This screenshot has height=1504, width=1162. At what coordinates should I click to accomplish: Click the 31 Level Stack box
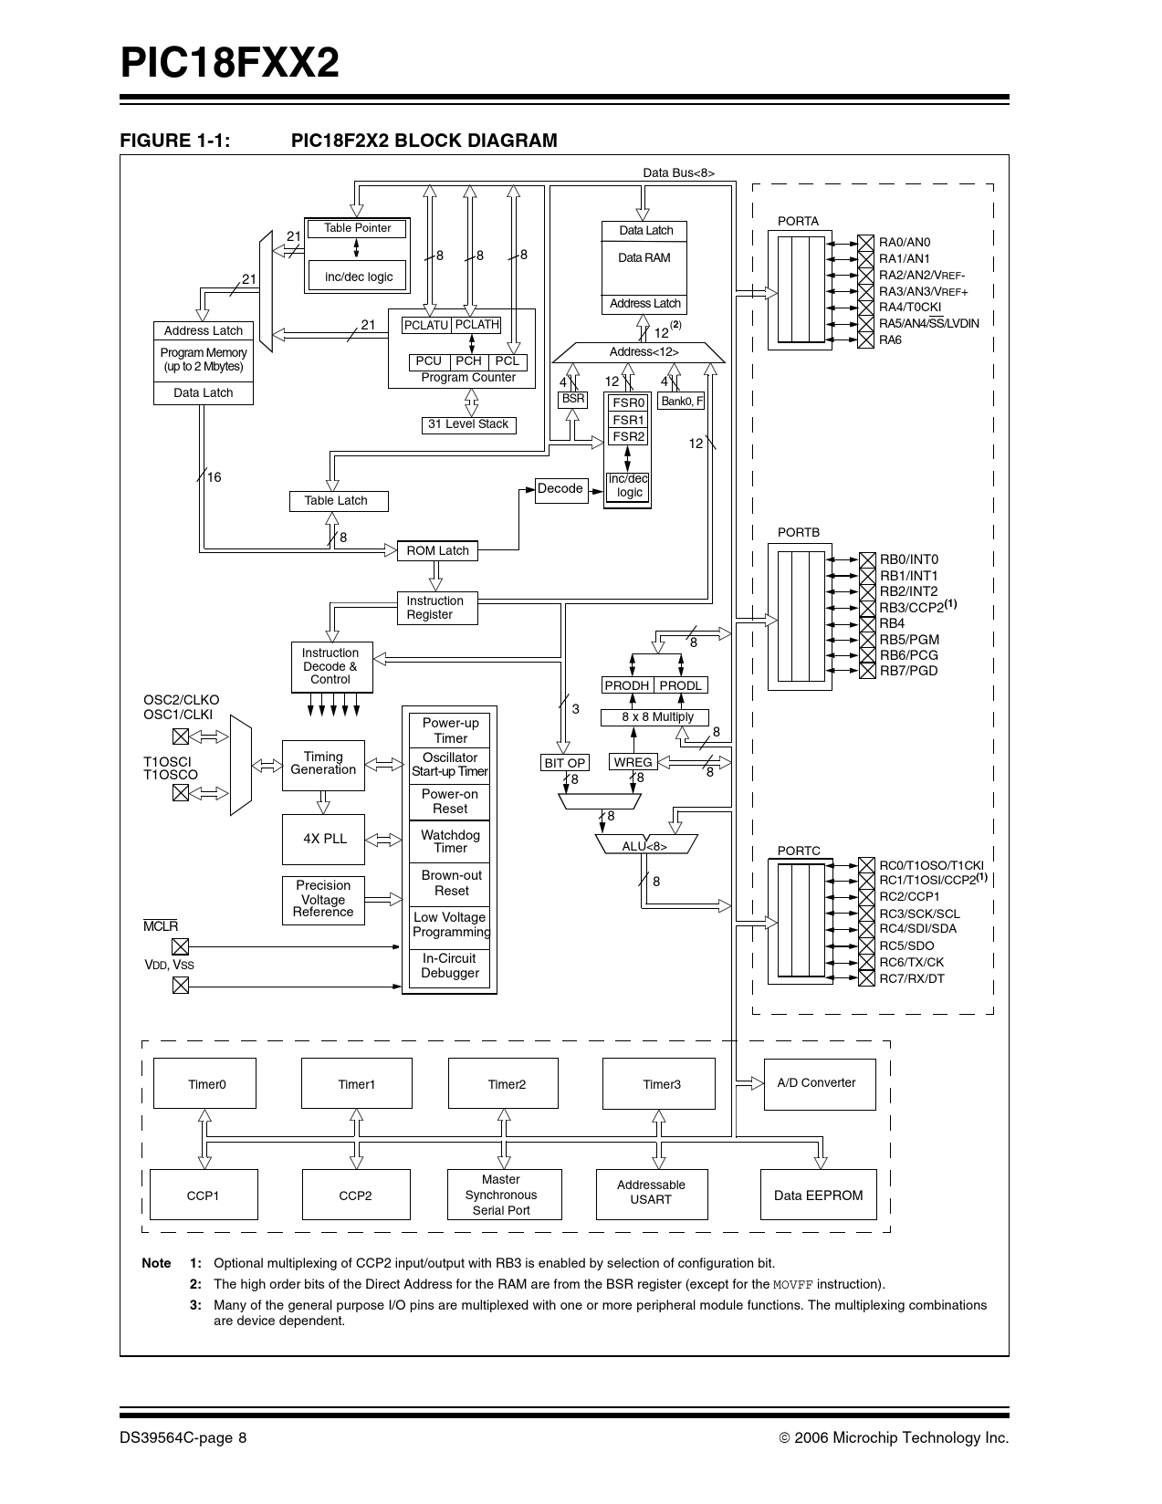pyautogui.click(x=468, y=424)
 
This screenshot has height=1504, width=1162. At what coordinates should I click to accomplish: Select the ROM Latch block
pyautogui.click(x=437, y=550)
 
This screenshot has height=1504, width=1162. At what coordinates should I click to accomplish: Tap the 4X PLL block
pyautogui.click(x=323, y=839)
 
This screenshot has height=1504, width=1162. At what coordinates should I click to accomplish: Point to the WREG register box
pyautogui.click(x=633, y=762)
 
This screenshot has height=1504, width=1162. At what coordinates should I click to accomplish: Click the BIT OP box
pyautogui.click(x=564, y=763)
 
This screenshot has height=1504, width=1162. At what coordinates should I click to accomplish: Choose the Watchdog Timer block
pyautogui.click(x=450, y=841)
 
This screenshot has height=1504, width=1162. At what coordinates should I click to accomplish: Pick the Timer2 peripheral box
pyautogui.click(x=503, y=1083)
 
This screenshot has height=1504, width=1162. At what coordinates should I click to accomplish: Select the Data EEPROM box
pyautogui.click(x=818, y=1196)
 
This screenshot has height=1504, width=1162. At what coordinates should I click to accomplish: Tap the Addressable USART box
pyautogui.click(x=651, y=1193)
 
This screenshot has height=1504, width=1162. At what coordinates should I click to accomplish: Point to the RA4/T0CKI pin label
pyautogui.click(x=909, y=307)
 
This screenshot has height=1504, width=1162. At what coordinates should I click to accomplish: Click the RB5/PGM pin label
pyautogui.click(x=908, y=640)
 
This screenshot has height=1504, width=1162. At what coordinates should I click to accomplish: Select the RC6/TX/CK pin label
pyautogui.click(x=911, y=962)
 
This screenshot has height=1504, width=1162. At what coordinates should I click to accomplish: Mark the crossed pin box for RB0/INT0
pyautogui.click(x=867, y=559)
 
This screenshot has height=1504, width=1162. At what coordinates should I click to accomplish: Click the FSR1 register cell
pyautogui.click(x=628, y=420)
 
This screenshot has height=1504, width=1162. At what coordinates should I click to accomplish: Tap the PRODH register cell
pyautogui.click(x=626, y=685)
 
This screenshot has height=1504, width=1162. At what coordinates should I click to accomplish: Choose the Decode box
pyautogui.click(x=560, y=489)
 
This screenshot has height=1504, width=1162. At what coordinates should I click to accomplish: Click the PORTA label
pyautogui.click(x=798, y=222)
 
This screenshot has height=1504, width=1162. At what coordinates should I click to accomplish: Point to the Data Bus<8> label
pyautogui.click(x=678, y=172)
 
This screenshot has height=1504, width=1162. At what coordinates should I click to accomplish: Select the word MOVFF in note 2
pyautogui.click(x=792, y=1285)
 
